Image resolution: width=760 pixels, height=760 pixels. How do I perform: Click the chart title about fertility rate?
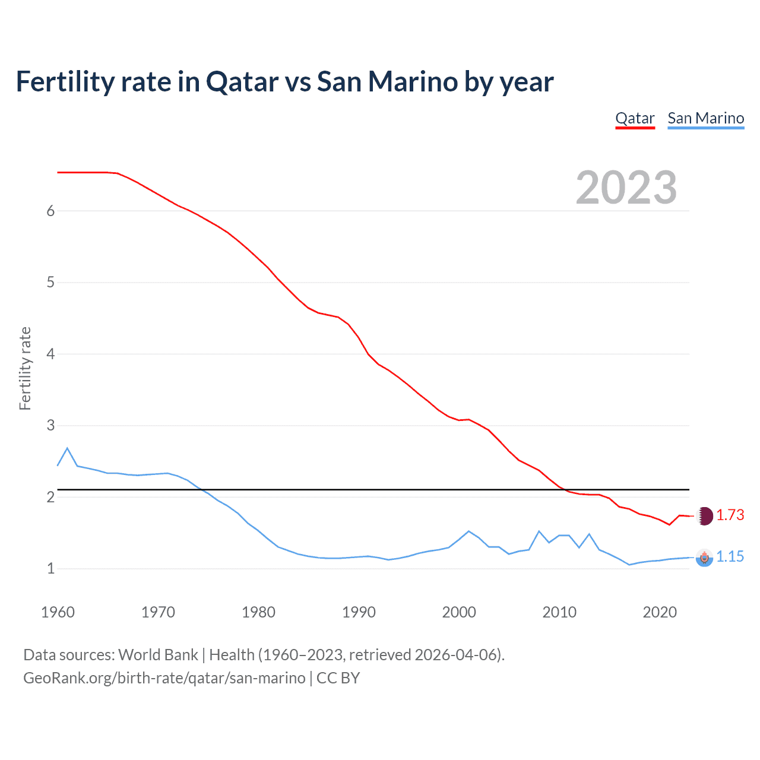click(284, 82)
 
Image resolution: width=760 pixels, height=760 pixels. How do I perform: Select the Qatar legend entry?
click(635, 118)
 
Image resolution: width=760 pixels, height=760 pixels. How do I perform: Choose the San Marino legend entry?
click(705, 118)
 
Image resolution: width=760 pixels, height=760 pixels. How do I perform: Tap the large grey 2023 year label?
click(626, 188)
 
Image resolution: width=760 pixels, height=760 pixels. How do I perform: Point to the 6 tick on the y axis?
click(50, 211)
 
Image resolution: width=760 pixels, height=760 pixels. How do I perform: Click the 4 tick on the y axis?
click(50, 354)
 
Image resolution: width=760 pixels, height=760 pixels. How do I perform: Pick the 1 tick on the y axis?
click(50, 568)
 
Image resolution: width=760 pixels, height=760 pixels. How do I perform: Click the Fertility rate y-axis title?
click(25, 368)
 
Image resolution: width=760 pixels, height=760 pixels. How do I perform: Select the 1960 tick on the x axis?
click(58, 612)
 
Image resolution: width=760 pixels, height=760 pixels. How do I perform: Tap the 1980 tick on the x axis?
click(258, 612)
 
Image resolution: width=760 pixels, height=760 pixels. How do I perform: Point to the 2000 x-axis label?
click(459, 612)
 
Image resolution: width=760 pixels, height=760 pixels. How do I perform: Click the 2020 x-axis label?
click(660, 612)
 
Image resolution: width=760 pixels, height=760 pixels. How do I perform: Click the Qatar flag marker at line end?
click(704, 516)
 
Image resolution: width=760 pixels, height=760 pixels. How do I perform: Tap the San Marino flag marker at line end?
click(704, 558)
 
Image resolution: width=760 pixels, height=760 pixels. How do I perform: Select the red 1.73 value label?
click(730, 515)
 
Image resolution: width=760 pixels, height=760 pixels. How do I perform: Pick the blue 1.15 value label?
click(730, 556)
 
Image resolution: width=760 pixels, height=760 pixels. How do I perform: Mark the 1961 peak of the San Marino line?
click(67, 448)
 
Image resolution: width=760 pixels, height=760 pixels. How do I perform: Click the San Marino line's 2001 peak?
click(468, 531)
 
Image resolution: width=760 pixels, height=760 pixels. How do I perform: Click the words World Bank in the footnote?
click(158, 655)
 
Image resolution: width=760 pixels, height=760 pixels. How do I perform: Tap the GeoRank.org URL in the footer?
click(164, 678)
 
